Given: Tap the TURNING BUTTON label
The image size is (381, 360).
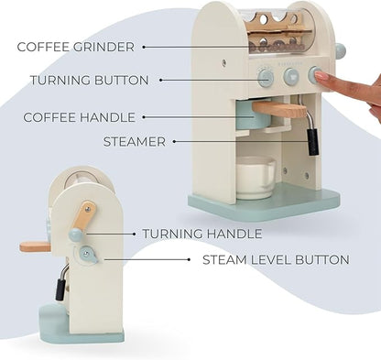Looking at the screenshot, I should (x=89, y=81).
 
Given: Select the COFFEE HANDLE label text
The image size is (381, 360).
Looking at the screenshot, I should (x=79, y=117).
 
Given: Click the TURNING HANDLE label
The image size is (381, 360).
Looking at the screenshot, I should (x=201, y=235).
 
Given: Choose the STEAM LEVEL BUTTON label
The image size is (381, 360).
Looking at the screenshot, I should (x=275, y=260).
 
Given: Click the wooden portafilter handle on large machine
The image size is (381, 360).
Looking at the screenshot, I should (x=280, y=110).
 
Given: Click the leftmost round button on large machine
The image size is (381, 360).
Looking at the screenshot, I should (x=266, y=78).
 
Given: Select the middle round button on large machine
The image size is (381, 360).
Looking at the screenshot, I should (x=291, y=77).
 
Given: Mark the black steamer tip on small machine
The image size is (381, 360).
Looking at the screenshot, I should (x=59, y=289).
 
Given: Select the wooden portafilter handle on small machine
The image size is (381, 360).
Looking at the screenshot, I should (x=35, y=245).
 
